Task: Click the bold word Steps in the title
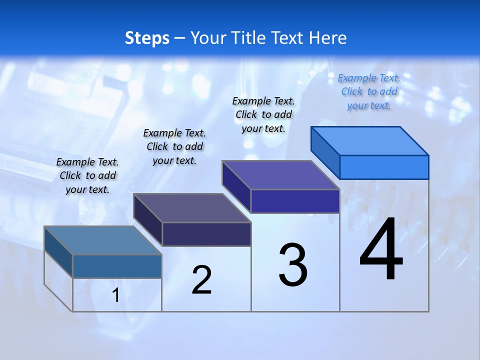(x=147, y=38)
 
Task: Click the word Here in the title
(x=329, y=38)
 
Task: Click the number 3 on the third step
(x=293, y=265)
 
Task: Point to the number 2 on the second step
(x=202, y=280)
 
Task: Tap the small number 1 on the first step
(x=116, y=295)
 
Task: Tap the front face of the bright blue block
(x=384, y=167)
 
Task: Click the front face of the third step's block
(x=295, y=201)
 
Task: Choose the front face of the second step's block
(x=206, y=234)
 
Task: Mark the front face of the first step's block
(x=117, y=266)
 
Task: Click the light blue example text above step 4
(x=369, y=91)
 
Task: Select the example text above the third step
(x=263, y=114)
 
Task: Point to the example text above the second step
(x=174, y=146)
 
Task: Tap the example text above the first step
(x=87, y=175)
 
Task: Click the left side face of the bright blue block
(x=325, y=152)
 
